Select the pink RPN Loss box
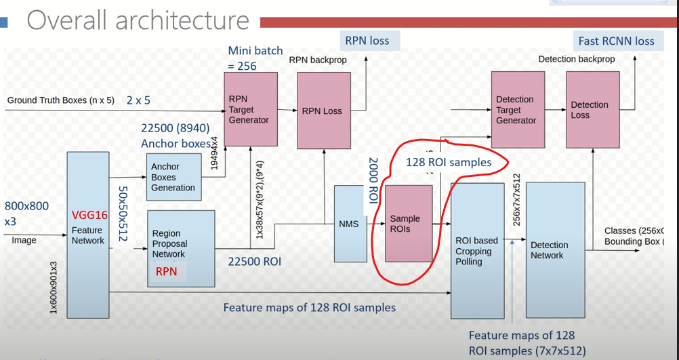pos(323,111)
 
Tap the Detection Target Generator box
pos(517,110)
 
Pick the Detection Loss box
pos(592,110)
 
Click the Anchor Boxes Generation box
pos(173,177)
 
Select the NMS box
pos(350,223)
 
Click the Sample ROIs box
pos(409,223)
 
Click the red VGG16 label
pos(90,216)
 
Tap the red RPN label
pos(167,271)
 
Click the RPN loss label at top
pos(367,41)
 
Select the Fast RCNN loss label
pos(616,41)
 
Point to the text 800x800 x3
pos(26,213)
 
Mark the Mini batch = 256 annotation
pos(255,58)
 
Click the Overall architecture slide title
pos(138,20)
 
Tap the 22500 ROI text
pos(255,261)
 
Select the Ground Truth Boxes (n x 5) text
pos(61,100)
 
